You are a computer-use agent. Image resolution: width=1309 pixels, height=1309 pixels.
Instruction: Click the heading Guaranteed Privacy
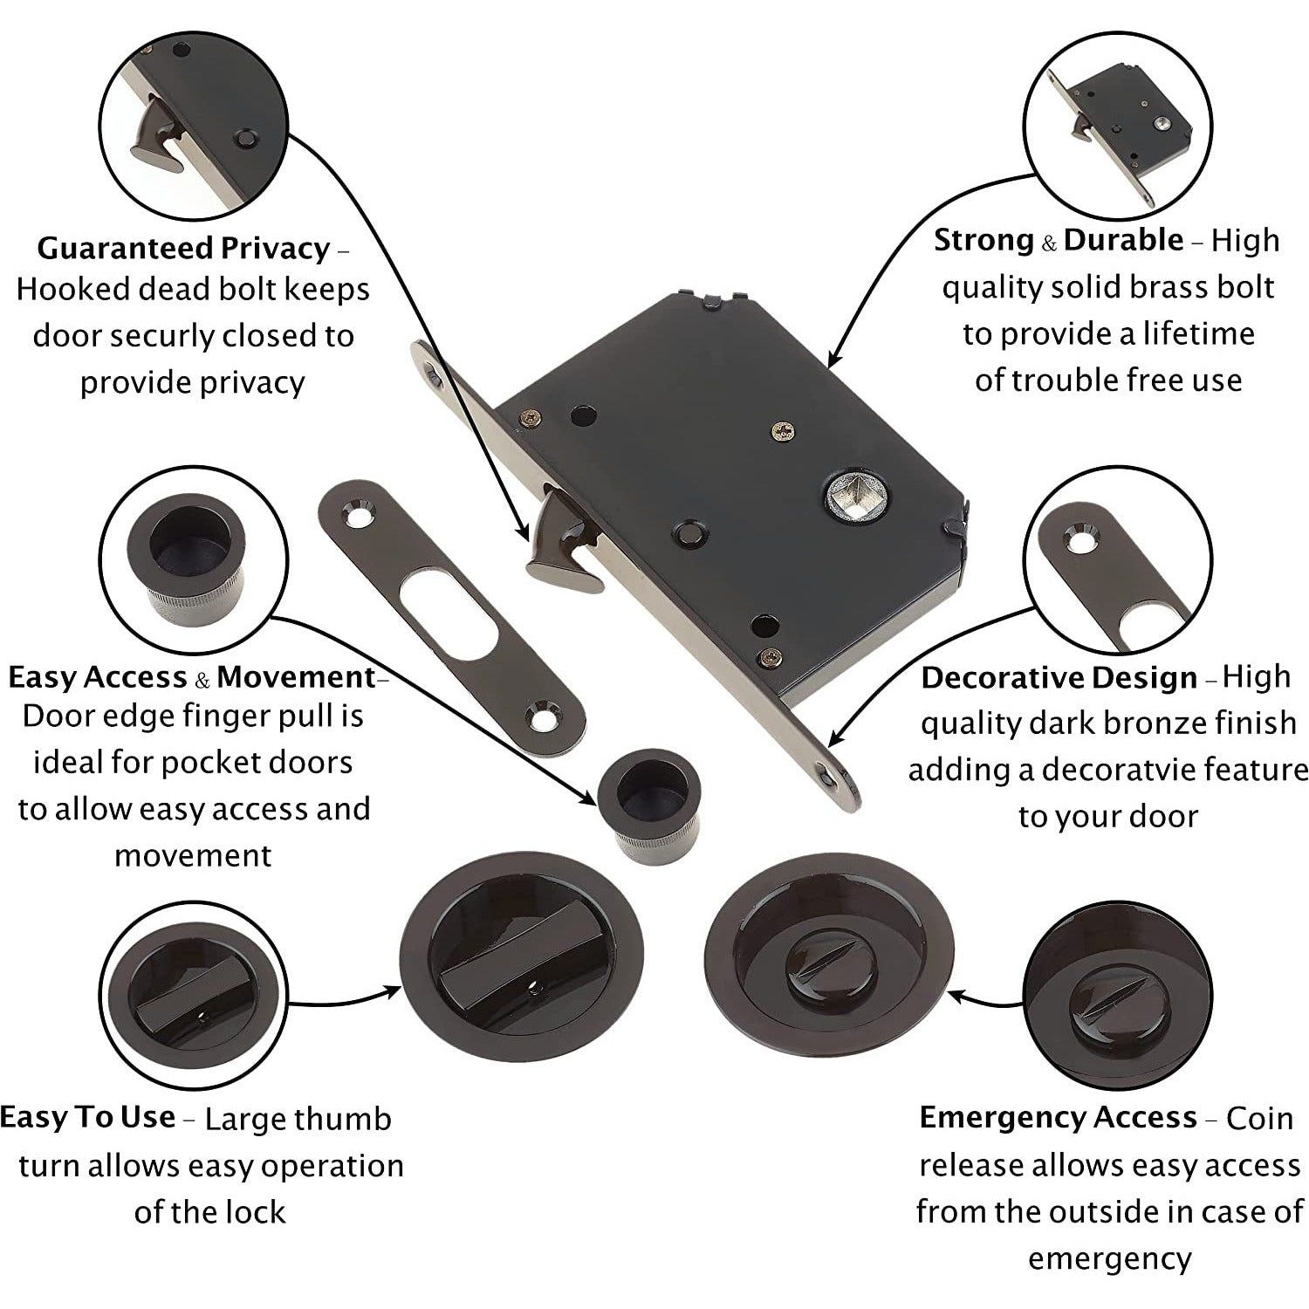tap(183, 249)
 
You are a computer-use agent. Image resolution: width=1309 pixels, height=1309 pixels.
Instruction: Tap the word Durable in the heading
tap(1123, 240)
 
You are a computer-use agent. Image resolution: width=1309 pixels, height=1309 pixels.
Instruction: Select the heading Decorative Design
tap(1059, 678)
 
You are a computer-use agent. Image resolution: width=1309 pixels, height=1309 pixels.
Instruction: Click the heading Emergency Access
tap(1058, 1118)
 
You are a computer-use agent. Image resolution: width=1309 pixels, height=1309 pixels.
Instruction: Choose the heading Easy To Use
tap(87, 1118)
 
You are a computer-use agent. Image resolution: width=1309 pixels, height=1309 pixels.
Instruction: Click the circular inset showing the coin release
tap(1117, 999)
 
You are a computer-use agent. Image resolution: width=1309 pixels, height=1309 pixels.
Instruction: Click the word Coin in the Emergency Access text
tap(1259, 1119)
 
